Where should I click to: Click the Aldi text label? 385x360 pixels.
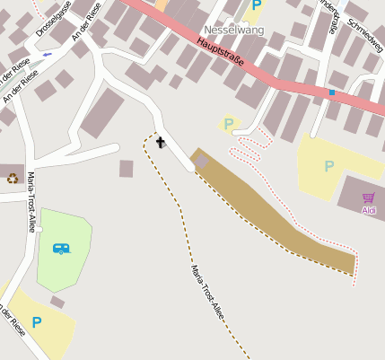tap(369, 210)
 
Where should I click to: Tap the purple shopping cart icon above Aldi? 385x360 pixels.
tap(369, 198)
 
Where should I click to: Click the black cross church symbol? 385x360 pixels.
tap(161, 142)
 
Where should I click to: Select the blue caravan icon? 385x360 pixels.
tap(61, 247)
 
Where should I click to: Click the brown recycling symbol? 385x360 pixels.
tap(13, 178)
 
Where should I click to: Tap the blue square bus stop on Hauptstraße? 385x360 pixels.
tap(332, 92)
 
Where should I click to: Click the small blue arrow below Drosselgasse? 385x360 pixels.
tap(47, 54)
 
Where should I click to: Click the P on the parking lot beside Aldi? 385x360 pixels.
tap(329, 166)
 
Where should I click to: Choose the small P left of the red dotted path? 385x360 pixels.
tap(229, 124)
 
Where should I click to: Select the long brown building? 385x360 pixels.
tap(269, 215)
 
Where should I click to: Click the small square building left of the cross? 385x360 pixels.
tap(126, 168)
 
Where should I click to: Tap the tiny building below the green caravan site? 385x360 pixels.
tap(57, 302)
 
